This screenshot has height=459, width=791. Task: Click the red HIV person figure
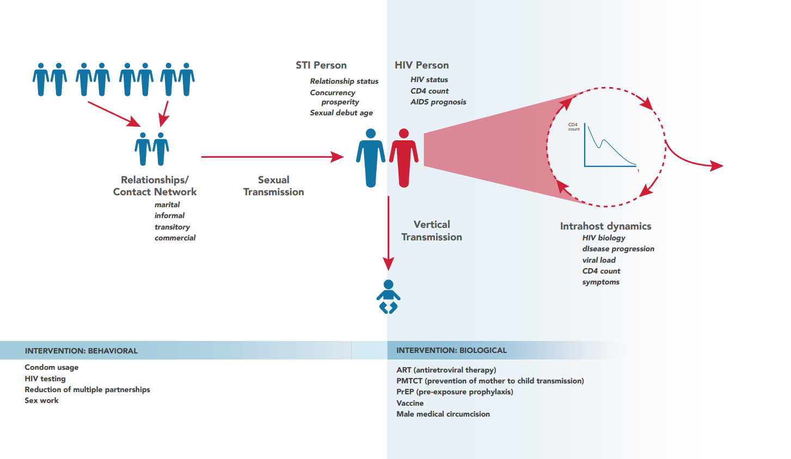coord(404,158)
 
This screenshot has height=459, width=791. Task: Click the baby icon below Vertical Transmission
coord(388,297)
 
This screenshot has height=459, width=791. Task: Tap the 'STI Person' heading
coord(321,65)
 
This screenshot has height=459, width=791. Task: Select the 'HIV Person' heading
coord(422,65)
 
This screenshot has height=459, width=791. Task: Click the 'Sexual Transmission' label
coord(273,186)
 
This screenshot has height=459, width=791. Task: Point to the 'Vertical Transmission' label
coord(432,231)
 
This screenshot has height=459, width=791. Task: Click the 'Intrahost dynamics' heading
coord(605,226)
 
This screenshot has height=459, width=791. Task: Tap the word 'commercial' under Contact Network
coord(175,238)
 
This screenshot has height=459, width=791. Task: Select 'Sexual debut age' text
coord(341,113)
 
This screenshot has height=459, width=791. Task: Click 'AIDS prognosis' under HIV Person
coord(438,102)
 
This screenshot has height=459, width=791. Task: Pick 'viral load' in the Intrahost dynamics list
coord(599,260)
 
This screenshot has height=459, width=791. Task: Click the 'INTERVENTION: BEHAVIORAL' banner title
coord(81,351)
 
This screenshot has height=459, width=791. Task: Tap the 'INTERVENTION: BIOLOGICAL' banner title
coord(451,351)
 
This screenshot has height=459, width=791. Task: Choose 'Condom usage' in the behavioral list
coord(52,367)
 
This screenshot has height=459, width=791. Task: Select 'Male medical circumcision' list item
coord(443,414)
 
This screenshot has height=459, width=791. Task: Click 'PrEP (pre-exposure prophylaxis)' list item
coord(455,392)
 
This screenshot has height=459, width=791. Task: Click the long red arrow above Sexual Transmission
coord(269,157)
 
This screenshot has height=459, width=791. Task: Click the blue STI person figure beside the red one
coord(371,158)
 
